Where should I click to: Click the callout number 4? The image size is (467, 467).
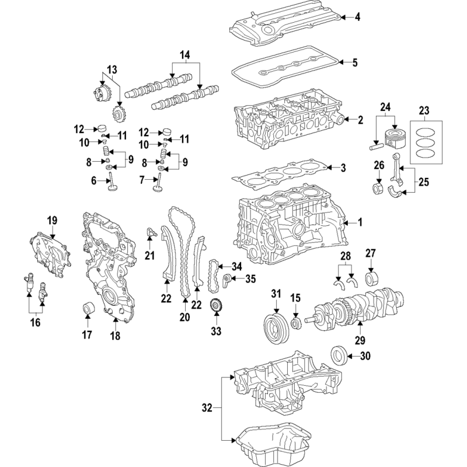[x=357, y=17]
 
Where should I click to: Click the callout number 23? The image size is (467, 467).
[x=424, y=110]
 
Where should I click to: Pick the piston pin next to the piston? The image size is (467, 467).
[x=376, y=147]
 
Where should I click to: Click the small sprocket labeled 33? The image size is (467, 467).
[x=216, y=307]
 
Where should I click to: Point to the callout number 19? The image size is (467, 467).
[x=52, y=221]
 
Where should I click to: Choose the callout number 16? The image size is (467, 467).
[x=35, y=322]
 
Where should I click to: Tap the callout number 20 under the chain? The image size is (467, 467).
[x=184, y=317]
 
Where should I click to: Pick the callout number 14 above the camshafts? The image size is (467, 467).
[x=184, y=55]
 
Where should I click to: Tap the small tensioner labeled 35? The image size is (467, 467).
[x=227, y=281]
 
